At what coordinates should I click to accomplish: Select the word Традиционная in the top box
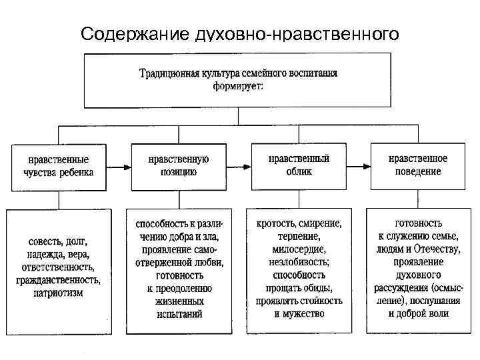(170, 73)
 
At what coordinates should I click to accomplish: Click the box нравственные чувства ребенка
(57, 166)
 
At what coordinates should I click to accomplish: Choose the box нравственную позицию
(178, 165)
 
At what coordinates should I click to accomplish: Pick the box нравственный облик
(298, 165)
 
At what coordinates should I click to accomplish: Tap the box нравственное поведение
(419, 165)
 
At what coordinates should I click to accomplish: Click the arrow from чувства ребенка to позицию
(118, 167)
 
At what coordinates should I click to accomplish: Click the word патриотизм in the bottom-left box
(57, 292)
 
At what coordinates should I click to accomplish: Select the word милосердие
(298, 249)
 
